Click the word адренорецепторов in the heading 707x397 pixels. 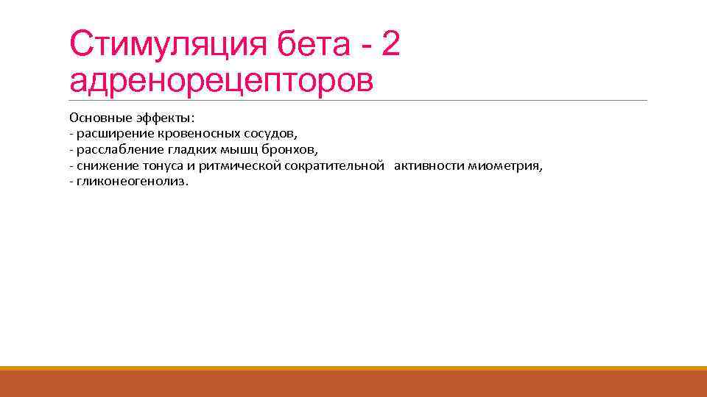221,81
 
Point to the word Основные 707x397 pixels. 97,118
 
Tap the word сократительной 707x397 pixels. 334,165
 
